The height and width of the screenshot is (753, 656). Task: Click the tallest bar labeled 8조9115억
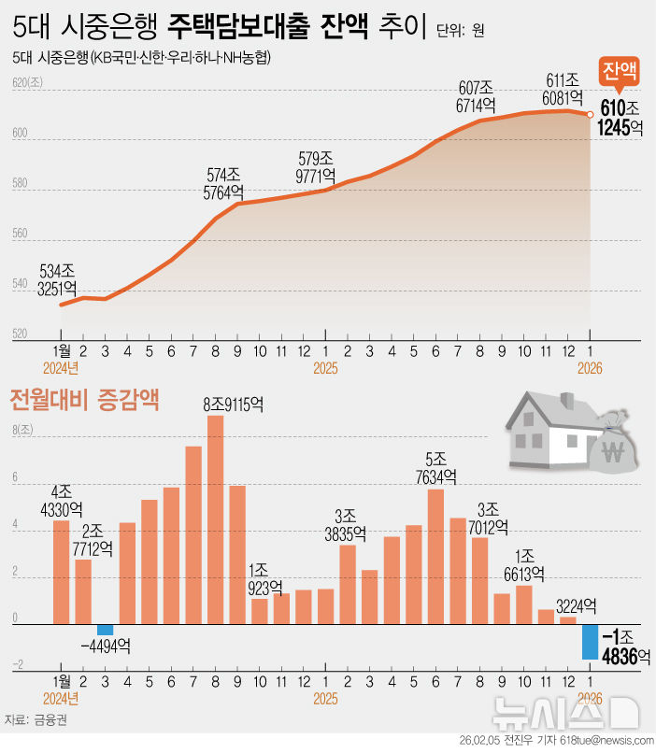[x=215, y=519]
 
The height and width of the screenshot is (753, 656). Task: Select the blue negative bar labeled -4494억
[x=105, y=630]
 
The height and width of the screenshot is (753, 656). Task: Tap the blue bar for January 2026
[x=590, y=642]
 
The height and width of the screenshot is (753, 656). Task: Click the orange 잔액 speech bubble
[x=620, y=72]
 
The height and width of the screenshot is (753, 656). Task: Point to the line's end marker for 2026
[x=590, y=115]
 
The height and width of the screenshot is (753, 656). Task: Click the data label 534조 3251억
[x=57, y=280]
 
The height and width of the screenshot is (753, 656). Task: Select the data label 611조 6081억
[x=563, y=89]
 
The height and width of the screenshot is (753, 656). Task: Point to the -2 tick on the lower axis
[x=18, y=665]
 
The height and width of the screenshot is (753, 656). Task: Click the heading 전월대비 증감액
[x=83, y=401]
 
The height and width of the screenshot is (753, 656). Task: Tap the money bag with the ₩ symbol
[x=613, y=454]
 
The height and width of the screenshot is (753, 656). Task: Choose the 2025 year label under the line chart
[x=325, y=369]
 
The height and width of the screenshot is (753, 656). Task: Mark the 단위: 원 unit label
[x=460, y=31]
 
